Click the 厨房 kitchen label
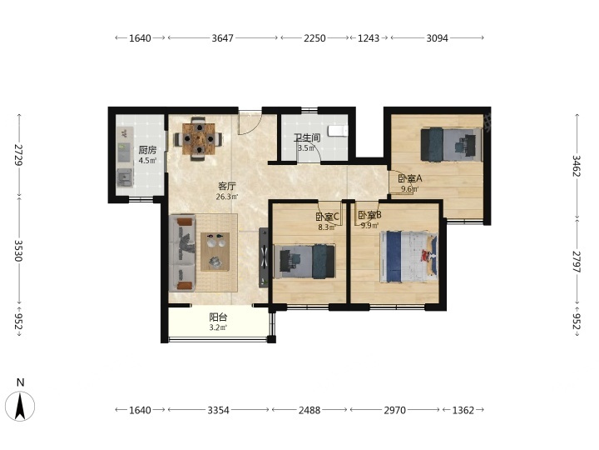click(147, 150)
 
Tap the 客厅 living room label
click(227, 187)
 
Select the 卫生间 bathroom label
click(307, 137)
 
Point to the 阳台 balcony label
click(218, 317)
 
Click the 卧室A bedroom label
click(410, 178)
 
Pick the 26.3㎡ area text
click(227, 197)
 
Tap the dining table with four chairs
click(198, 138)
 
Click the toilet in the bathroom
click(339, 132)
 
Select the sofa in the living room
click(182, 253)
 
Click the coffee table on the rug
click(215, 252)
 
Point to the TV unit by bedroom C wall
click(264, 257)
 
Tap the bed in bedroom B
click(408, 257)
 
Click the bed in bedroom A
click(451, 145)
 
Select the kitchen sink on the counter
click(125, 177)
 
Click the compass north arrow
click(20, 407)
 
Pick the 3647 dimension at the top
click(222, 37)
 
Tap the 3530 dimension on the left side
click(18, 251)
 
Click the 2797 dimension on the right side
click(577, 262)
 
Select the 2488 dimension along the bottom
click(309, 410)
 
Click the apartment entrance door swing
click(250, 122)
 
